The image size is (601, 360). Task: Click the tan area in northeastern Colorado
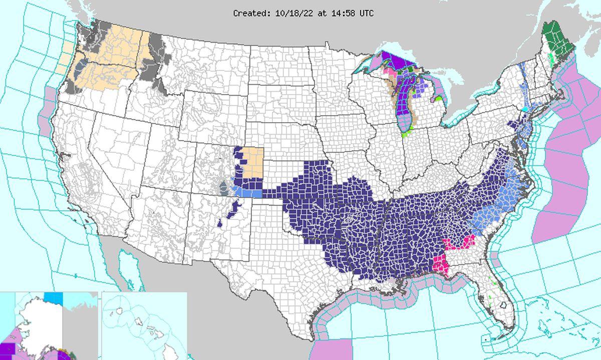253,162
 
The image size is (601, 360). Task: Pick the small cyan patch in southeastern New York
525,109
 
